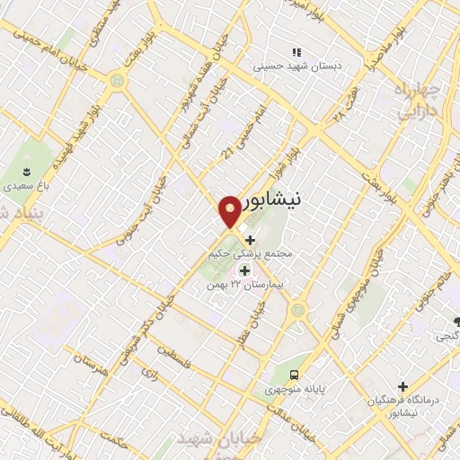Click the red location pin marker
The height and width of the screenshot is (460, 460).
click(230, 210)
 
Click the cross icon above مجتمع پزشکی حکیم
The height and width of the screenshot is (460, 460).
click(250, 241)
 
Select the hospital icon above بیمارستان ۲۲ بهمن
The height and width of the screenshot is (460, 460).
click(243, 270)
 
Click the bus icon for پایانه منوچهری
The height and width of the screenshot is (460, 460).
click(294, 376)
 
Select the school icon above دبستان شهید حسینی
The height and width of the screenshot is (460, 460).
click(297, 52)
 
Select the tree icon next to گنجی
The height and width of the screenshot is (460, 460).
click(458, 321)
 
